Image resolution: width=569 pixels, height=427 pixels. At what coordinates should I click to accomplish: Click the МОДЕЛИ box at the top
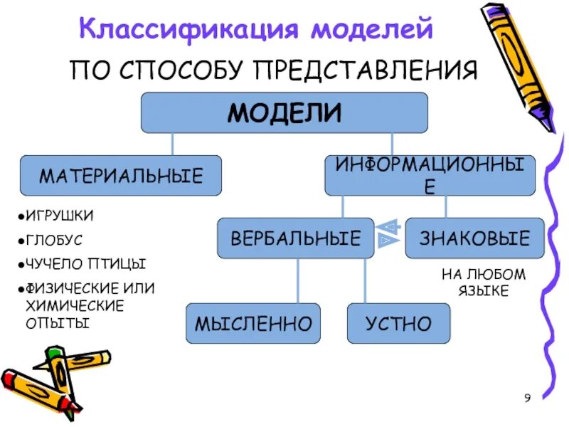click(x=284, y=112)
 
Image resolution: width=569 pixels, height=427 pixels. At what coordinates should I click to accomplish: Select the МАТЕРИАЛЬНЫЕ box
click(x=120, y=175)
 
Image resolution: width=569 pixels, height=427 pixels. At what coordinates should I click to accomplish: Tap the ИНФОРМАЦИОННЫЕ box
click(x=430, y=176)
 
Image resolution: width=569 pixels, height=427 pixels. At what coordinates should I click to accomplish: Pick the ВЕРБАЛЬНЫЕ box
click(x=295, y=238)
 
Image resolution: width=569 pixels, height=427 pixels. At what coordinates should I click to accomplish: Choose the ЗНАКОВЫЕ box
click(x=474, y=238)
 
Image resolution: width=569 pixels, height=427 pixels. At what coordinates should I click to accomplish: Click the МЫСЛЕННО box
click(x=253, y=324)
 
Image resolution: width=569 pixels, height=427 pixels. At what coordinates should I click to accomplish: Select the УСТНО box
click(x=398, y=324)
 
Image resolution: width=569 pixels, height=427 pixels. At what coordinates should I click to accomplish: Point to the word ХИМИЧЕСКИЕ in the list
click(x=75, y=305)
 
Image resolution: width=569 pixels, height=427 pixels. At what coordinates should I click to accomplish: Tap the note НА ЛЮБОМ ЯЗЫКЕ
click(x=474, y=283)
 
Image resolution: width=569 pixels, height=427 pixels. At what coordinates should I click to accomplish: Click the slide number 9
click(x=527, y=398)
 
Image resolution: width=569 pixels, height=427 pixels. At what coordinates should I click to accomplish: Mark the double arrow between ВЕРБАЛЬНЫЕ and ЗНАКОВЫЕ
click(x=389, y=233)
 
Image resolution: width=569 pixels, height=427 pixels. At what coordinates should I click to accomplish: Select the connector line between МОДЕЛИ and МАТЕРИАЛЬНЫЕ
click(x=171, y=144)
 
